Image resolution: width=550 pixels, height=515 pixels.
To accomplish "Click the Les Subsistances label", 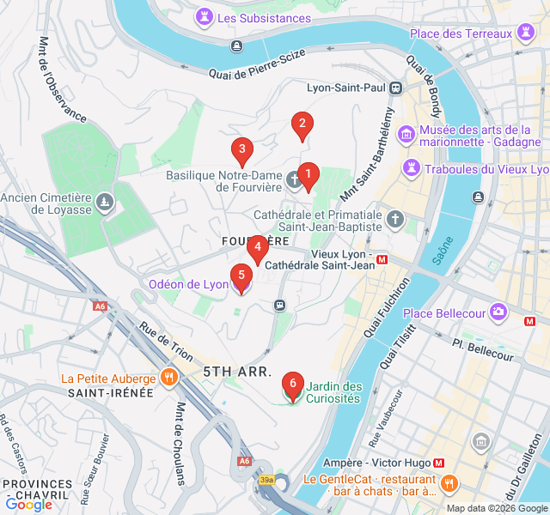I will pos(264,18).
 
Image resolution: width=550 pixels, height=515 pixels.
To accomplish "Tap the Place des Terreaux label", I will pos(461,33).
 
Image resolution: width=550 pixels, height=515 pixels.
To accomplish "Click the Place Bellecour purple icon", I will pos(498,311).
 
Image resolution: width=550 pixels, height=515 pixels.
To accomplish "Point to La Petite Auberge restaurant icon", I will pos(169,377).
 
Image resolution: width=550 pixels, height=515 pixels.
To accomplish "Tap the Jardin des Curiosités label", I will pos(333,392).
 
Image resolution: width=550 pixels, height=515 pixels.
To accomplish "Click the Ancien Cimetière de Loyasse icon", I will pos(105,202).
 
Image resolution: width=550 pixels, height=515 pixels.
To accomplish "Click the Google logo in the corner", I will pos(28,504).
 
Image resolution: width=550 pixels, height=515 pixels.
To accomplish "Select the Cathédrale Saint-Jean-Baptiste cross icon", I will pos(395,219).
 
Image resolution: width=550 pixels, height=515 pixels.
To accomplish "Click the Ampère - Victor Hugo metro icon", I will pos(439,461).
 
